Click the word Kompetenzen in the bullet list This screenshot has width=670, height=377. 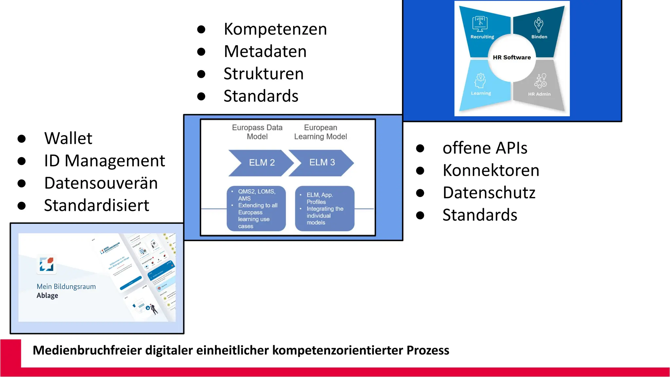point(275,29)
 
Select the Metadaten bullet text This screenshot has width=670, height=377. point(265,51)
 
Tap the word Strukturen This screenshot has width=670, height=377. point(263,74)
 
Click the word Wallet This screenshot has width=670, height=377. point(68,138)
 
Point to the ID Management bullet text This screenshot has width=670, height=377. point(104,161)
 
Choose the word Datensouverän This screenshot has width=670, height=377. point(101,183)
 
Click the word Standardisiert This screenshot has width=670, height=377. point(97,206)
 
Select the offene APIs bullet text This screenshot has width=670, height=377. point(485,148)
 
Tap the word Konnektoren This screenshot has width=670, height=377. point(491,170)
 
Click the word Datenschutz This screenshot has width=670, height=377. point(489,192)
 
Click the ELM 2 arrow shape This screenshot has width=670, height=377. point(261,163)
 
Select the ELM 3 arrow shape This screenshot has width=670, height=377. point(322,163)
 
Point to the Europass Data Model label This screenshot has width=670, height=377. point(257,132)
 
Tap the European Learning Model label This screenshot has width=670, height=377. point(320,132)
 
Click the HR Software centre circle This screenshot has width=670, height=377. point(512,58)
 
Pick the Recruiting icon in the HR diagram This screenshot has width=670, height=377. point(480,24)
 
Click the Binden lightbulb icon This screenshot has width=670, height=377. point(539,24)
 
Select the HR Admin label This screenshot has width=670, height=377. point(539,94)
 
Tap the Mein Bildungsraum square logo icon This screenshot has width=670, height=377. point(46,264)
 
